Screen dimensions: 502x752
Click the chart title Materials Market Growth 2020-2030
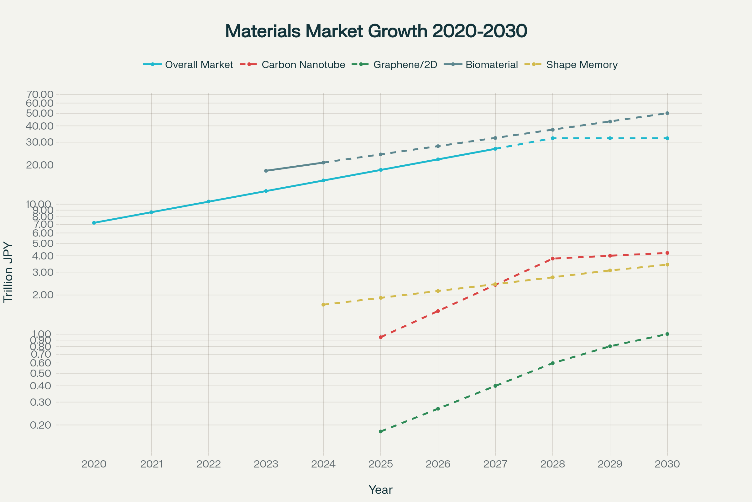pos(376,31)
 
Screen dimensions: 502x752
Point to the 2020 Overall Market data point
pos(94,223)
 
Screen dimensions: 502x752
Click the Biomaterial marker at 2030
pos(667,113)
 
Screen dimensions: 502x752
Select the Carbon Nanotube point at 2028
pos(552,259)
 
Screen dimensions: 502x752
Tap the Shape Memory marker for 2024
pos(323,305)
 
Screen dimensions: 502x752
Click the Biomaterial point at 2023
pos(266,171)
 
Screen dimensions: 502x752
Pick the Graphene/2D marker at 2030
pos(667,334)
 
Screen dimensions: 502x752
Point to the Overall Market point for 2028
pos(552,138)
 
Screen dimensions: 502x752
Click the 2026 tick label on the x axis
pos(438,464)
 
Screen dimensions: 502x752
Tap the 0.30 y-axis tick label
pos(41,403)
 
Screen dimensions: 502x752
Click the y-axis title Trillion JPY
pos(8,272)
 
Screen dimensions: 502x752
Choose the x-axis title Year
pos(380,490)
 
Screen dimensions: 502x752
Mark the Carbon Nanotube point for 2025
pos(380,337)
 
